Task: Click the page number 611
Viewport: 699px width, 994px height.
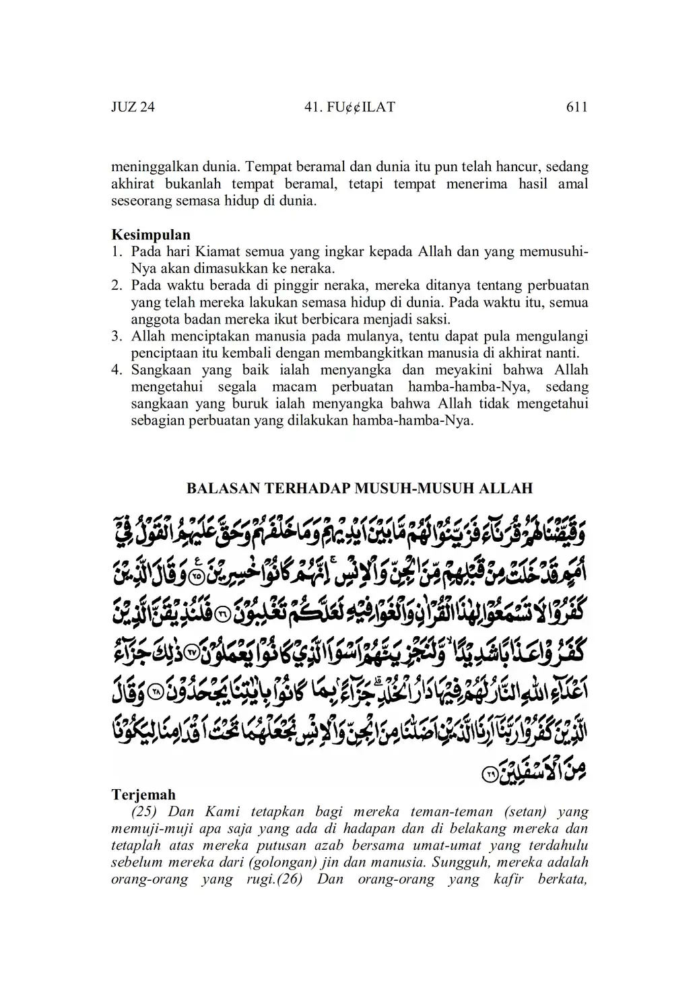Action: coord(576,107)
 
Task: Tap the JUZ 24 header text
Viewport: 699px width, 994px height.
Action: coord(133,107)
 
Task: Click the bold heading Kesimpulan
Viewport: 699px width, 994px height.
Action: coord(151,235)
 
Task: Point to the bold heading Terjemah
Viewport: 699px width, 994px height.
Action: coord(143,795)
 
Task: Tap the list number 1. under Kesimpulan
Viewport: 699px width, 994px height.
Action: coord(117,252)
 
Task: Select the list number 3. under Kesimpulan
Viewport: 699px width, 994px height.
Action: coord(117,336)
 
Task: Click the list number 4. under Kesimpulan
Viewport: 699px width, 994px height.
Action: coord(117,370)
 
